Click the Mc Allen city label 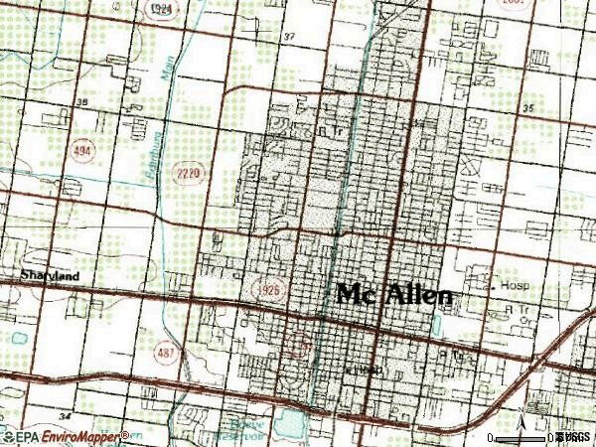395,294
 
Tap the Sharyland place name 49,275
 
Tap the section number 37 289,37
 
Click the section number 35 528,106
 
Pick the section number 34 66,413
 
